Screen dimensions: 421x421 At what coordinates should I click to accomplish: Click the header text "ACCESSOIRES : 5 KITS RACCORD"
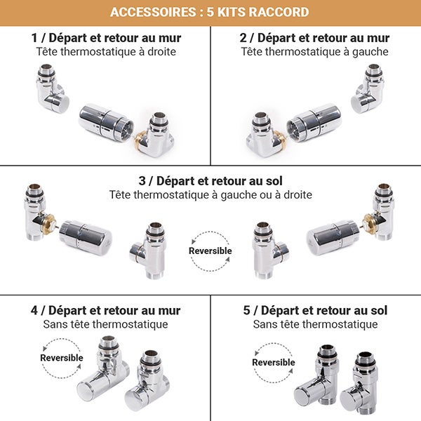pyautogui.click(x=210, y=13)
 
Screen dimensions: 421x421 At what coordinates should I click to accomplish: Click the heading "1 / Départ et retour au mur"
pyautogui.click(x=106, y=38)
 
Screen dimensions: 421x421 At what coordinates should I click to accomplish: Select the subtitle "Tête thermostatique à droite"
pyautogui.click(x=106, y=52)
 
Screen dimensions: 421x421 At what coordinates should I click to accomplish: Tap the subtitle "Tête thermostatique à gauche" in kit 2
pyautogui.click(x=314, y=52)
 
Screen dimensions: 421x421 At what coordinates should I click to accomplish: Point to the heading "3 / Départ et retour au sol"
pyautogui.click(x=210, y=180)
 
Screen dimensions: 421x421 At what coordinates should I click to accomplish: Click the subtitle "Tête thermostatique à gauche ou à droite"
pyautogui.click(x=210, y=194)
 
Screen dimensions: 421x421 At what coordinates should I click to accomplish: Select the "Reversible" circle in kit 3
pyautogui.click(x=210, y=251)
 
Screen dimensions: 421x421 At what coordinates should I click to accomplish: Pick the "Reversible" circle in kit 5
pyautogui.click(x=273, y=362)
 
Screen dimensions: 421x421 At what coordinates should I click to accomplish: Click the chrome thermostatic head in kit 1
pyautogui.click(x=106, y=122)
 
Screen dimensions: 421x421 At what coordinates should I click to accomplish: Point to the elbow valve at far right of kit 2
pyautogui.click(x=368, y=91)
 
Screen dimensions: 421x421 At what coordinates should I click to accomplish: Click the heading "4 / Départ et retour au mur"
pyautogui.click(x=106, y=310)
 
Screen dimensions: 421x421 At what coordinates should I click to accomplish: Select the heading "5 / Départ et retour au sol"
pyautogui.click(x=315, y=310)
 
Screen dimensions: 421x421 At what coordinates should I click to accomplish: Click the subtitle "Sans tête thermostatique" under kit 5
pyautogui.click(x=315, y=324)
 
